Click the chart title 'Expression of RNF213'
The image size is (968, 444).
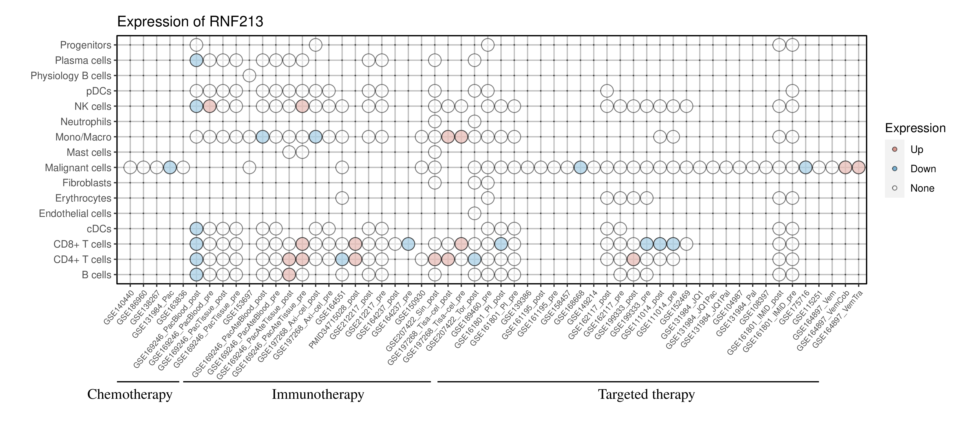point(190,22)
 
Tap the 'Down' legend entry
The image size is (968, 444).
point(923,169)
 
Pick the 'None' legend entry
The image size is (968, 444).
point(922,188)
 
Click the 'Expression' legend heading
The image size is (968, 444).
point(915,128)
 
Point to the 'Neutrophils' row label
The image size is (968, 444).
point(86,122)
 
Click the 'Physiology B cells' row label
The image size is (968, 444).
point(71,76)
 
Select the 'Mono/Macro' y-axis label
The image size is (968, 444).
point(83,137)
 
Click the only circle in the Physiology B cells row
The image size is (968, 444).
point(249,76)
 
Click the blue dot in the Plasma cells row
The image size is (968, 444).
point(196,60)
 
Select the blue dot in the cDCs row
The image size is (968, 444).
point(196,228)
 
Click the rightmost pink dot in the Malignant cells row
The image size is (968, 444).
point(858,167)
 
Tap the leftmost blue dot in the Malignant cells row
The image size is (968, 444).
point(170,167)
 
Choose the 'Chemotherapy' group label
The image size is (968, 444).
point(130,394)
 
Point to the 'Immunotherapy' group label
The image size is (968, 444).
point(318,394)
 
